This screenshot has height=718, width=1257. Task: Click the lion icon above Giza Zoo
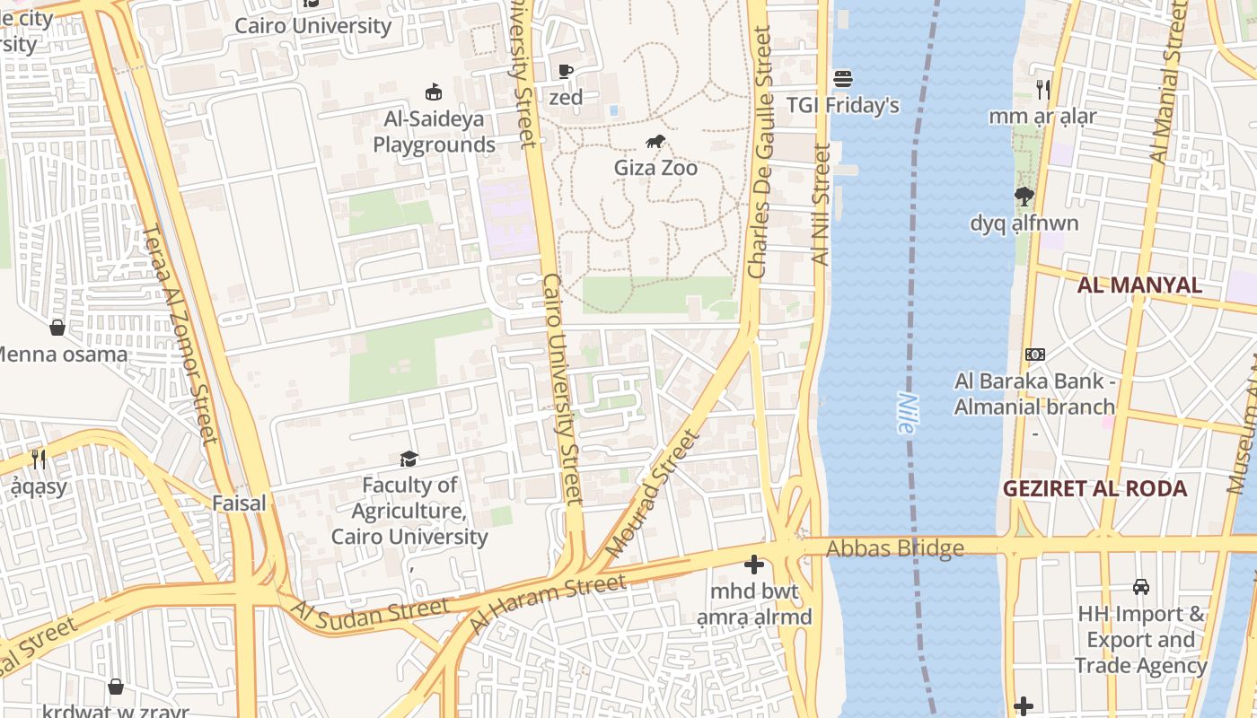(655, 142)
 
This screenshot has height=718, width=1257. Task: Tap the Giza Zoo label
(655, 168)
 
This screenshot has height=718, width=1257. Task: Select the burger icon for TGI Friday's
(842, 79)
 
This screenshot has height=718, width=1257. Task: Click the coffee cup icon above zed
(566, 71)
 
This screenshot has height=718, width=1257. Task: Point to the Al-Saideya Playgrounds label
(434, 132)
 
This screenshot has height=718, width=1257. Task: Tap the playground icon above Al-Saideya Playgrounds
(434, 92)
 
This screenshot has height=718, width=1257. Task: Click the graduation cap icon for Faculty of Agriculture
(409, 460)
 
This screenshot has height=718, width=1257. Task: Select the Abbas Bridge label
(894, 548)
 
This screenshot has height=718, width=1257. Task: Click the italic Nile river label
(906, 414)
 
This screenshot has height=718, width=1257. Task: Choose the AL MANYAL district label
(1139, 285)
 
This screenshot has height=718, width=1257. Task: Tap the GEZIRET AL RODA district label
(1094, 489)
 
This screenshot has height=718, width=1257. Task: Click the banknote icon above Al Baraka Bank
(1035, 355)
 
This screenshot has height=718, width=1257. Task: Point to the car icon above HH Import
(1140, 587)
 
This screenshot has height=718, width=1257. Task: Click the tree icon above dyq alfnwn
(1024, 196)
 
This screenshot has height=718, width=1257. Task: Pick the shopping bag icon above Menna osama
(57, 328)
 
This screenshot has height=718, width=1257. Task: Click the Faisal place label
(239, 503)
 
